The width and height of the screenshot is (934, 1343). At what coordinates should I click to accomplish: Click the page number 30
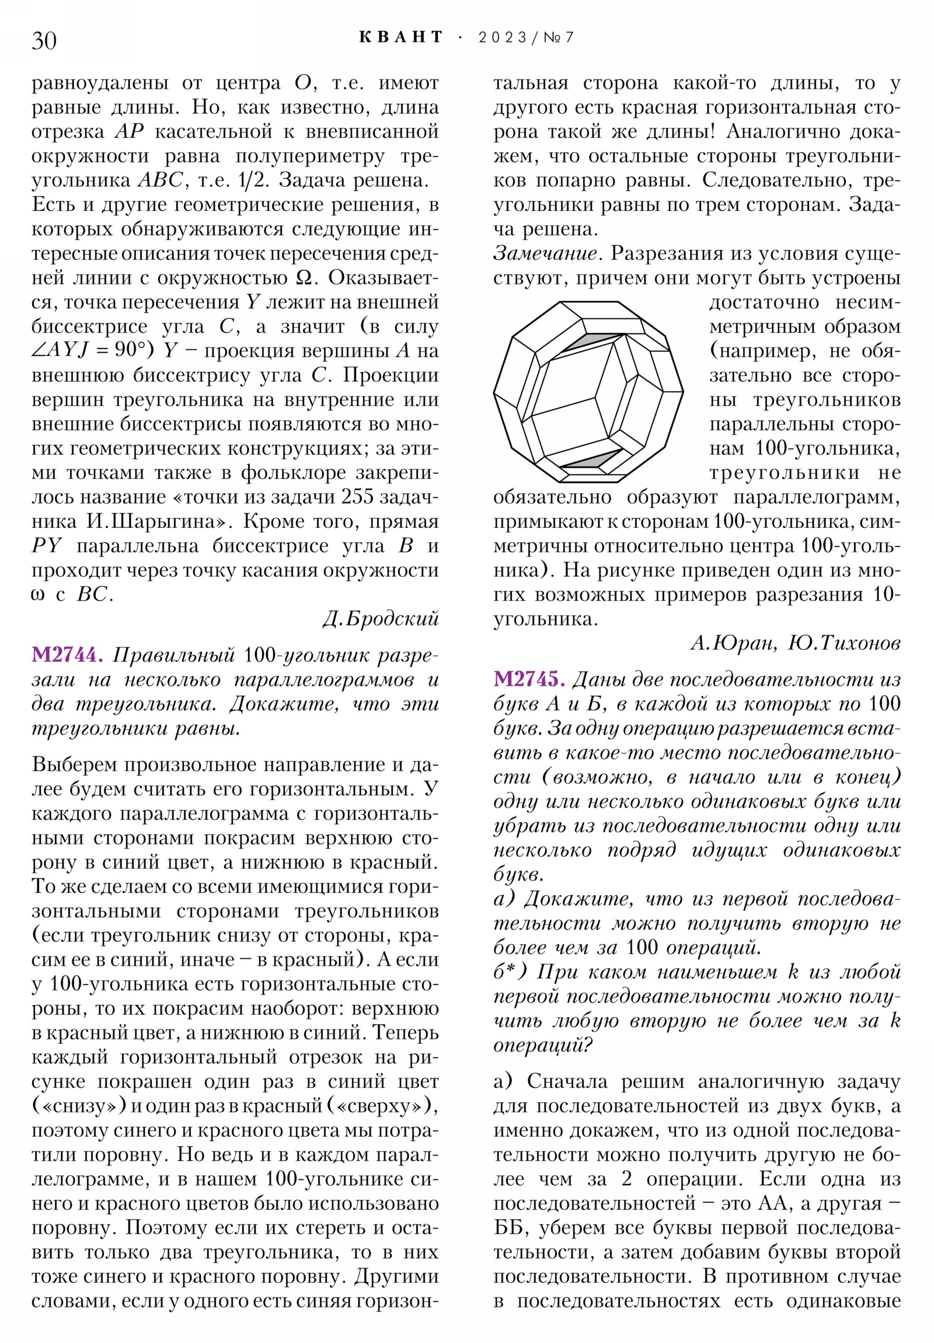44,41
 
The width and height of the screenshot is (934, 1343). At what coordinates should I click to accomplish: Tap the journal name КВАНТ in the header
401,37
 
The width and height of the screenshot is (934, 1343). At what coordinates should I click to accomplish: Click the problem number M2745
529,680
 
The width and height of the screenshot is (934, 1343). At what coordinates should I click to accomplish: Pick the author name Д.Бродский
381,619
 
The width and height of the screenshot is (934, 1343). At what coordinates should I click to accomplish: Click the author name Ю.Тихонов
844,643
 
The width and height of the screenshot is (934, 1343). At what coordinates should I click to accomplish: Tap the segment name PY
46,547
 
